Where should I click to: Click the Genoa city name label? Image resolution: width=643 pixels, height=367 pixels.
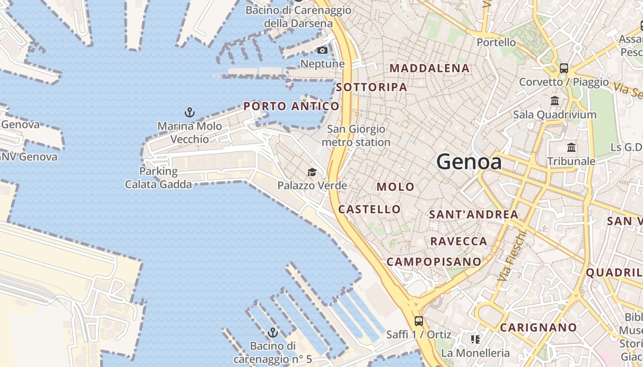pos(468,162)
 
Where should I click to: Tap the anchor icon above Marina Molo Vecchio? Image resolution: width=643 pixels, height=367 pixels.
pos(189,112)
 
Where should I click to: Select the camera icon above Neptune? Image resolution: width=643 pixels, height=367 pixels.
pos(322,50)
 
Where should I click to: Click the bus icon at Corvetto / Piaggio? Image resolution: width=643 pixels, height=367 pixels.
pos(564,68)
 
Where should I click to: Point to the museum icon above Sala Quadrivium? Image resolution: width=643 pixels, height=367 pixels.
pos(555,101)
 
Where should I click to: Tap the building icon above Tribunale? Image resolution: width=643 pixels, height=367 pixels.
pos(571,148)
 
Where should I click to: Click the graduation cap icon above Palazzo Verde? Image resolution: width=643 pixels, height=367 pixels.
pos(312,172)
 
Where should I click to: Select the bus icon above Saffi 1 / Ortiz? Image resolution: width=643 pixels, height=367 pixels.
pos(418,321)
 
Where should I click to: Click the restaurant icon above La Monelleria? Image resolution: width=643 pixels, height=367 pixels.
pos(475,339)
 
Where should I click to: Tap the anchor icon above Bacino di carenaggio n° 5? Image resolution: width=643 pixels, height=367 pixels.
pos(273,332)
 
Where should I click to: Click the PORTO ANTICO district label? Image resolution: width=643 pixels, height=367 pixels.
pos(292,106)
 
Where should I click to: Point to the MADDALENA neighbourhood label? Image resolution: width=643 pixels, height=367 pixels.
pos(429,68)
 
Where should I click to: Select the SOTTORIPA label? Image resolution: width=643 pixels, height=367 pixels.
pos(372,87)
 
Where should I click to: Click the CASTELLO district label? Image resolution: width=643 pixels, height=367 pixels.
pos(369,209)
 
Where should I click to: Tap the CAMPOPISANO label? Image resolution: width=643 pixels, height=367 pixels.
pos(434,261)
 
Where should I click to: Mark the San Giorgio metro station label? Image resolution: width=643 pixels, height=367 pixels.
pos(356,136)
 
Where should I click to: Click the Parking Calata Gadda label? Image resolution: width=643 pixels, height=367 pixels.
pos(158,178)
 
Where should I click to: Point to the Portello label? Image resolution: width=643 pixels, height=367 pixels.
pos(496,42)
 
